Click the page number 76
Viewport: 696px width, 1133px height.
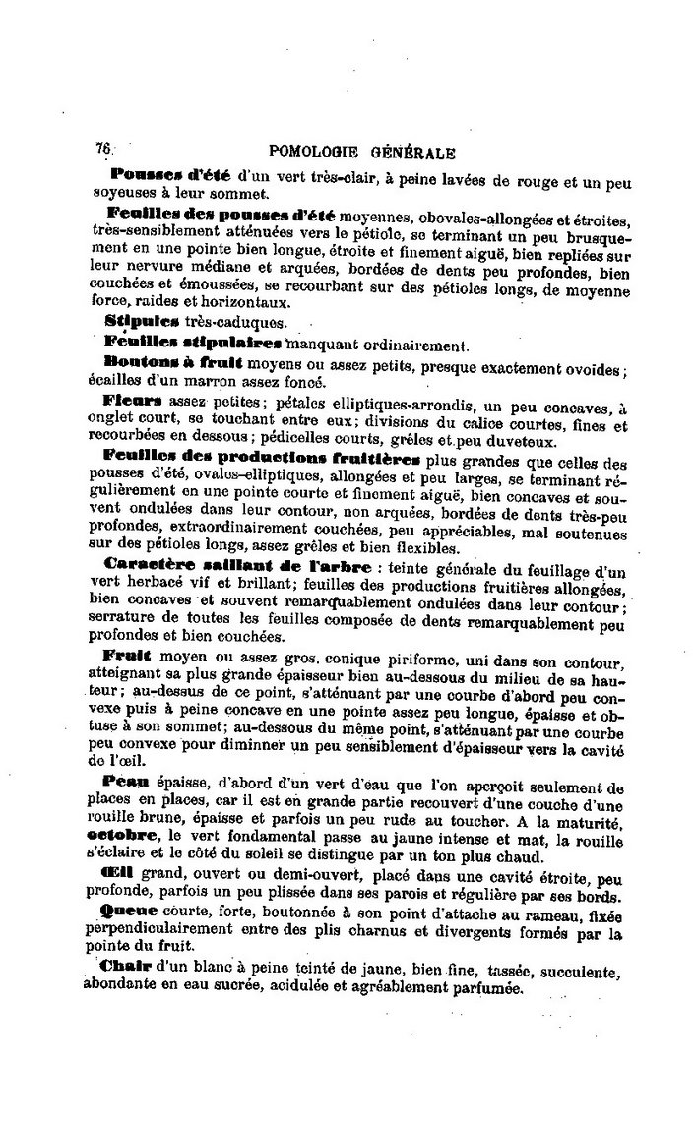pyautogui.click(x=103, y=148)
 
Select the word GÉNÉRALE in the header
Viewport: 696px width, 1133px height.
pyautogui.click(x=412, y=153)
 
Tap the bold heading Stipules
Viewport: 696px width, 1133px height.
pyautogui.click(x=136, y=321)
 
